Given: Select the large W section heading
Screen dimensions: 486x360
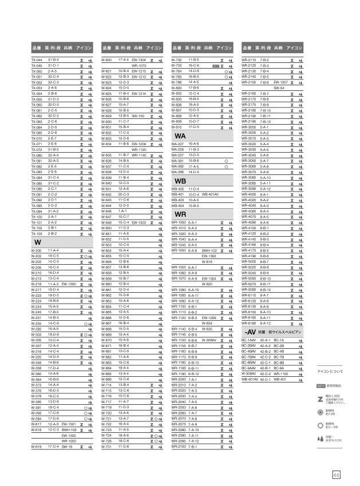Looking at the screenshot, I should point(37,242).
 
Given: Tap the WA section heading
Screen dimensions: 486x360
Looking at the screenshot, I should point(180,136).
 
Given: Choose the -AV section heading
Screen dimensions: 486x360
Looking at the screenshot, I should point(250,332).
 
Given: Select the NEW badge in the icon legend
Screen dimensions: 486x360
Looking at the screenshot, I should point(321,387).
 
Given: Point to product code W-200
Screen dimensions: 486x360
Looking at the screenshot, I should point(36,250).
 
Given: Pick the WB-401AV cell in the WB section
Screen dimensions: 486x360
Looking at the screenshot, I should point(211,194).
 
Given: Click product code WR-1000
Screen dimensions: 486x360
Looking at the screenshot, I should point(179,222).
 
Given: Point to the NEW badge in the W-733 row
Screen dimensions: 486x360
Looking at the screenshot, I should point(216,66).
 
